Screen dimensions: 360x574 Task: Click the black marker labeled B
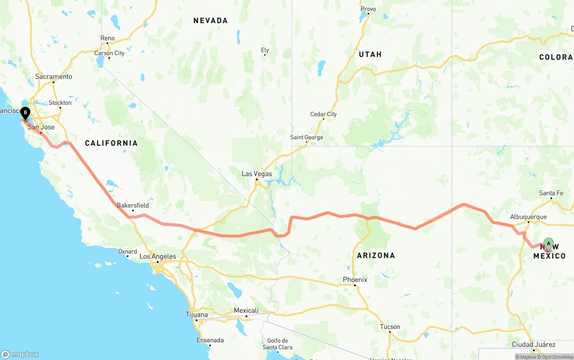tap(25, 113)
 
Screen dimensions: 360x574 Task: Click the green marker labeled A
tap(548, 244)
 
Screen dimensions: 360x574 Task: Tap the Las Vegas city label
tap(257, 174)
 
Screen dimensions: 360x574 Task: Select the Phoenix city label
tap(355, 280)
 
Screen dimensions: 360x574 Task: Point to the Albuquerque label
tap(528, 217)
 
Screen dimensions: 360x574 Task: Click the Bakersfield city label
tap(133, 206)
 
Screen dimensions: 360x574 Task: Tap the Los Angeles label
tap(157, 257)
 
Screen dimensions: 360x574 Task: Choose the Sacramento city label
tap(53, 77)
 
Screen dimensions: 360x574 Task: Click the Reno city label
tap(108, 39)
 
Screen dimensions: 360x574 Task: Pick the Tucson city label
tap(390, 327)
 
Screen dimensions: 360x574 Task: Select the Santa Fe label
tap(551, 193)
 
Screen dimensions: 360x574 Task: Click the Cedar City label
tap(323, 114)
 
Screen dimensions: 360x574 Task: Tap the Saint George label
tap(306, 138)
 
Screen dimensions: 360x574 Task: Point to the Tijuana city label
tap(197, 315)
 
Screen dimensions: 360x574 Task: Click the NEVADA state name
tap(210, 21)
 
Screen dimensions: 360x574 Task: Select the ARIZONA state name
tap(376, 256)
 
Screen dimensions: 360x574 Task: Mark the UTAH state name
tap(370, 54)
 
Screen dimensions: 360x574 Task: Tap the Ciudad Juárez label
tap(534, 345)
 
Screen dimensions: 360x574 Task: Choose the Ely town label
tap(265, 50)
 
